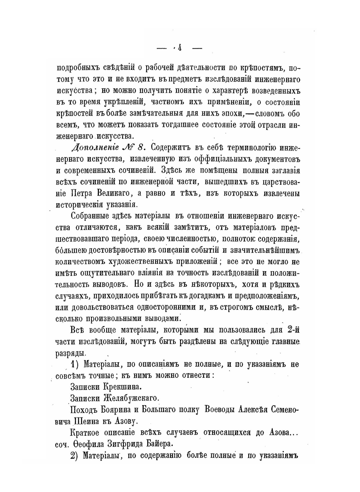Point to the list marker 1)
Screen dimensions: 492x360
[x=74, y=364]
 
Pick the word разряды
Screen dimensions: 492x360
[x=71, y=352]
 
